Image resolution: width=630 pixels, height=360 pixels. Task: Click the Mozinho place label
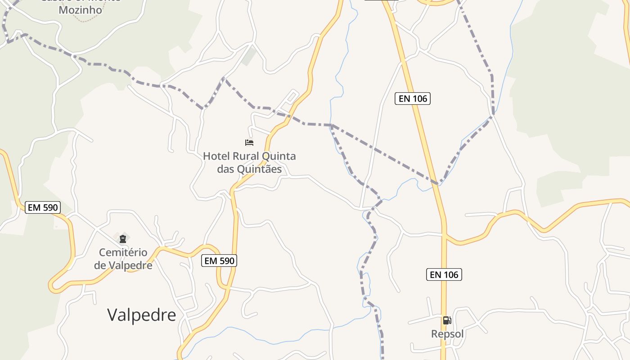point(81,10)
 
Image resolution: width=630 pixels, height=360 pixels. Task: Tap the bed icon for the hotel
point(249,143)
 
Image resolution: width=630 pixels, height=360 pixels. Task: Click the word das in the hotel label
point(226,169)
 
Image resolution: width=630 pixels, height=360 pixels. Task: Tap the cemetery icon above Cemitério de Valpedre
point(123,239)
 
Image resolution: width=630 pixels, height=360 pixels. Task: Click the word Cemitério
point(123,252)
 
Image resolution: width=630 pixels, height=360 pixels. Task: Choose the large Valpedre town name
point(142,315)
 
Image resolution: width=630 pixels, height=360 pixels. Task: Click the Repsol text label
point(447,334)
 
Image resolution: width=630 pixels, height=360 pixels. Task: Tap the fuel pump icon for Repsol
point(447,320)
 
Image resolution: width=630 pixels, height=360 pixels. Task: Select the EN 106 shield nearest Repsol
point(444,274)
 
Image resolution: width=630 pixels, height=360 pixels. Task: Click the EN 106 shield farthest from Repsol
point(413,99)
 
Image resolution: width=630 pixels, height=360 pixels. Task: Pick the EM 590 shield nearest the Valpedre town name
point(219,261)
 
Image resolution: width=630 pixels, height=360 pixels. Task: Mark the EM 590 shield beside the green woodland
point(43,207)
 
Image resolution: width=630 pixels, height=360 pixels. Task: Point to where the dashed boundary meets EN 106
point(436,183)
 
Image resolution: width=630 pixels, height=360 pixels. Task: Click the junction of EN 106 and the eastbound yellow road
point(444,235)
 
